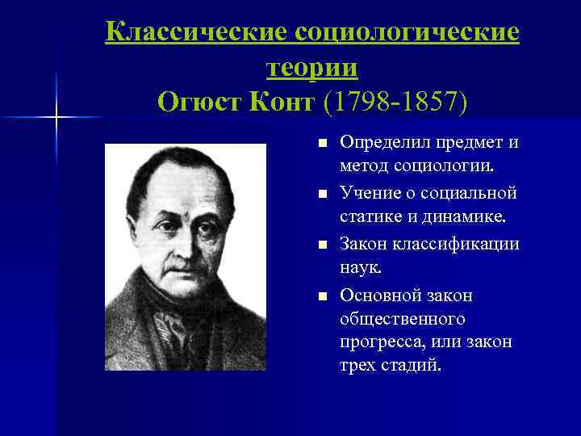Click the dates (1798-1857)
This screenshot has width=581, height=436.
(395, 102)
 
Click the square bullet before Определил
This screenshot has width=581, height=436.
(322, 144)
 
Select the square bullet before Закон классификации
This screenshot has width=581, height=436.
(322, 244)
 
